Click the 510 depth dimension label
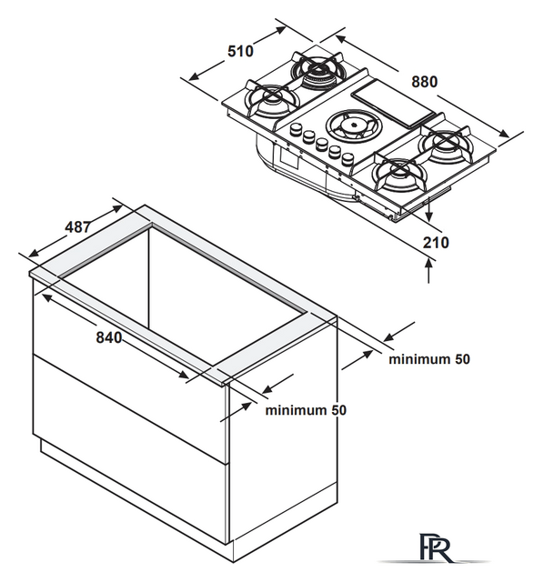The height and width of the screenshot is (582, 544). click(x=241, y=51)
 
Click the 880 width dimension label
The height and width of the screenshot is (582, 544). click(x=425, y=82)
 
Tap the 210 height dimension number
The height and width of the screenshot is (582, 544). click(x=436, y=243)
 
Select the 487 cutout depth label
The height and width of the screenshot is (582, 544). click(x=77, y=226)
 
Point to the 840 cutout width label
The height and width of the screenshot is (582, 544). click(x=109, y=337)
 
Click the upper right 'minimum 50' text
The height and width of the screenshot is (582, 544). click(x=429, y=359)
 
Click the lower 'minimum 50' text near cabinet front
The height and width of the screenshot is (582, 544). click(x=306, y=410)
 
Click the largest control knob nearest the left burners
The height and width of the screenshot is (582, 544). click(x=296, y=129)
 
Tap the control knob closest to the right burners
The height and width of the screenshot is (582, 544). click(x=348, y=159)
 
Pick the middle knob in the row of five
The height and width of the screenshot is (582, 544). click(x=321, y=145)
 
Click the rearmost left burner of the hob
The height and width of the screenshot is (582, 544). click(x=317, y=70)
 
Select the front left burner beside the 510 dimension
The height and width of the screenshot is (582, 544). click(x=271, y=100)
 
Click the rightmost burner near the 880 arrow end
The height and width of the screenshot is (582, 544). click(x=445, y=144)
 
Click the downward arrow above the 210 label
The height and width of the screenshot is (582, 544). click(x=429, y=209)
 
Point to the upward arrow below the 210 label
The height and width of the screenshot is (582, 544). click(x=429, y=271)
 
